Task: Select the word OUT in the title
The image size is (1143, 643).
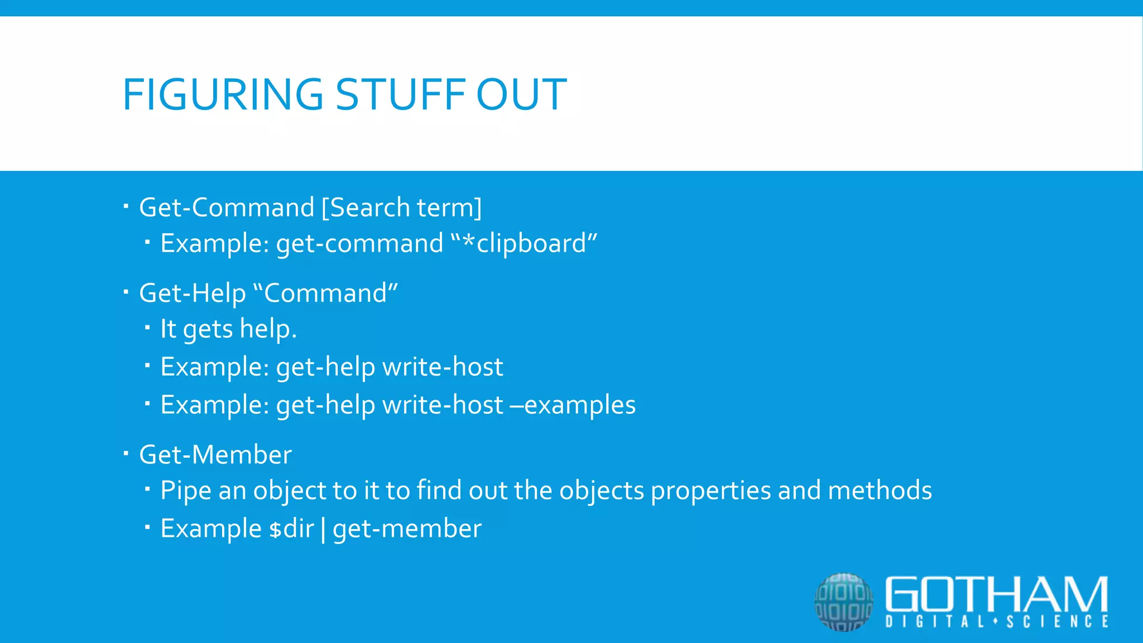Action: pyautogui.click(x=521, y=94)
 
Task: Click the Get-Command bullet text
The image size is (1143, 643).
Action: pyautogui.click(x=227, y=208)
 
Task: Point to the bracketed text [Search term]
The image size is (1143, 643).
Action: pyautogui.click(x=401, y=208)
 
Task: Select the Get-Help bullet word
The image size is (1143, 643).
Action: pyautogui.click(x=192, y=294)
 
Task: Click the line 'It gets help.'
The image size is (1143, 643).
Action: pyautogui.click(x=228, y=329)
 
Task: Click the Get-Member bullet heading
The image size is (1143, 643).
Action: pyautogui.click(x=215, y=455)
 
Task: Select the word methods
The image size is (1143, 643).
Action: pyautogui.click(x=880, y=491)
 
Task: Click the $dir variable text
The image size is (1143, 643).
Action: pyautogui.click(x=291, y=529)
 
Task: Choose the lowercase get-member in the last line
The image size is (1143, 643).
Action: pyautogui.click(x=407, y=529)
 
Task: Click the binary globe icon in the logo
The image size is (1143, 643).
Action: pyautogui.click(x=843, y=602)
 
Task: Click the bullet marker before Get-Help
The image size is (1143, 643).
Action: pyautogui.click(x=126, y=291)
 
